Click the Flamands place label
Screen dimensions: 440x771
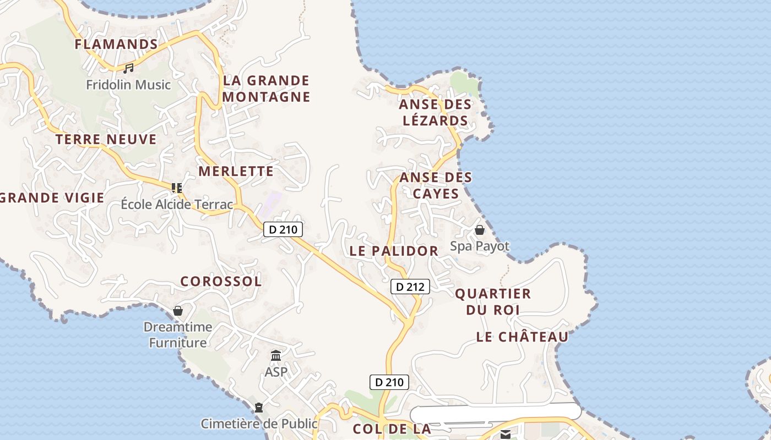coord(116,44)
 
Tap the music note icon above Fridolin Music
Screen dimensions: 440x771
coord(128,68)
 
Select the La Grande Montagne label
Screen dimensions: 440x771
coord(267,89)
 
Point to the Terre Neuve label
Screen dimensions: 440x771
coord(106,139)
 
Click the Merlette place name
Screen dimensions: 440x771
coord(236,171)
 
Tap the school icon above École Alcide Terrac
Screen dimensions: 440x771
coord(177,188)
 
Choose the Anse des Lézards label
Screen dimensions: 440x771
coord(435,112)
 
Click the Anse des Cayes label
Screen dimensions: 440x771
coord(436,185)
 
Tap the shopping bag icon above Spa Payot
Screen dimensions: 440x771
coord(480,230)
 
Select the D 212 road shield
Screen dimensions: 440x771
coord(410,287)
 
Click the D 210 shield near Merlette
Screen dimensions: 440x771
coord(283,229)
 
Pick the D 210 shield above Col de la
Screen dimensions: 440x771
coord(389,382)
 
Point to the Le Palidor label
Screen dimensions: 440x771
coord(394,251)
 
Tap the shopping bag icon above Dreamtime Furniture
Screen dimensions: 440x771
coord(178,311)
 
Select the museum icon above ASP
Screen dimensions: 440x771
coord(276,356)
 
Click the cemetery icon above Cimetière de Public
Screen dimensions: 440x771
coord(259,408)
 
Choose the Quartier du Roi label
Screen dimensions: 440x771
coord(493,301)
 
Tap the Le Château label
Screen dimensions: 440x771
coord(522,337)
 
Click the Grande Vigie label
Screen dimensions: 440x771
coord(52,197)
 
